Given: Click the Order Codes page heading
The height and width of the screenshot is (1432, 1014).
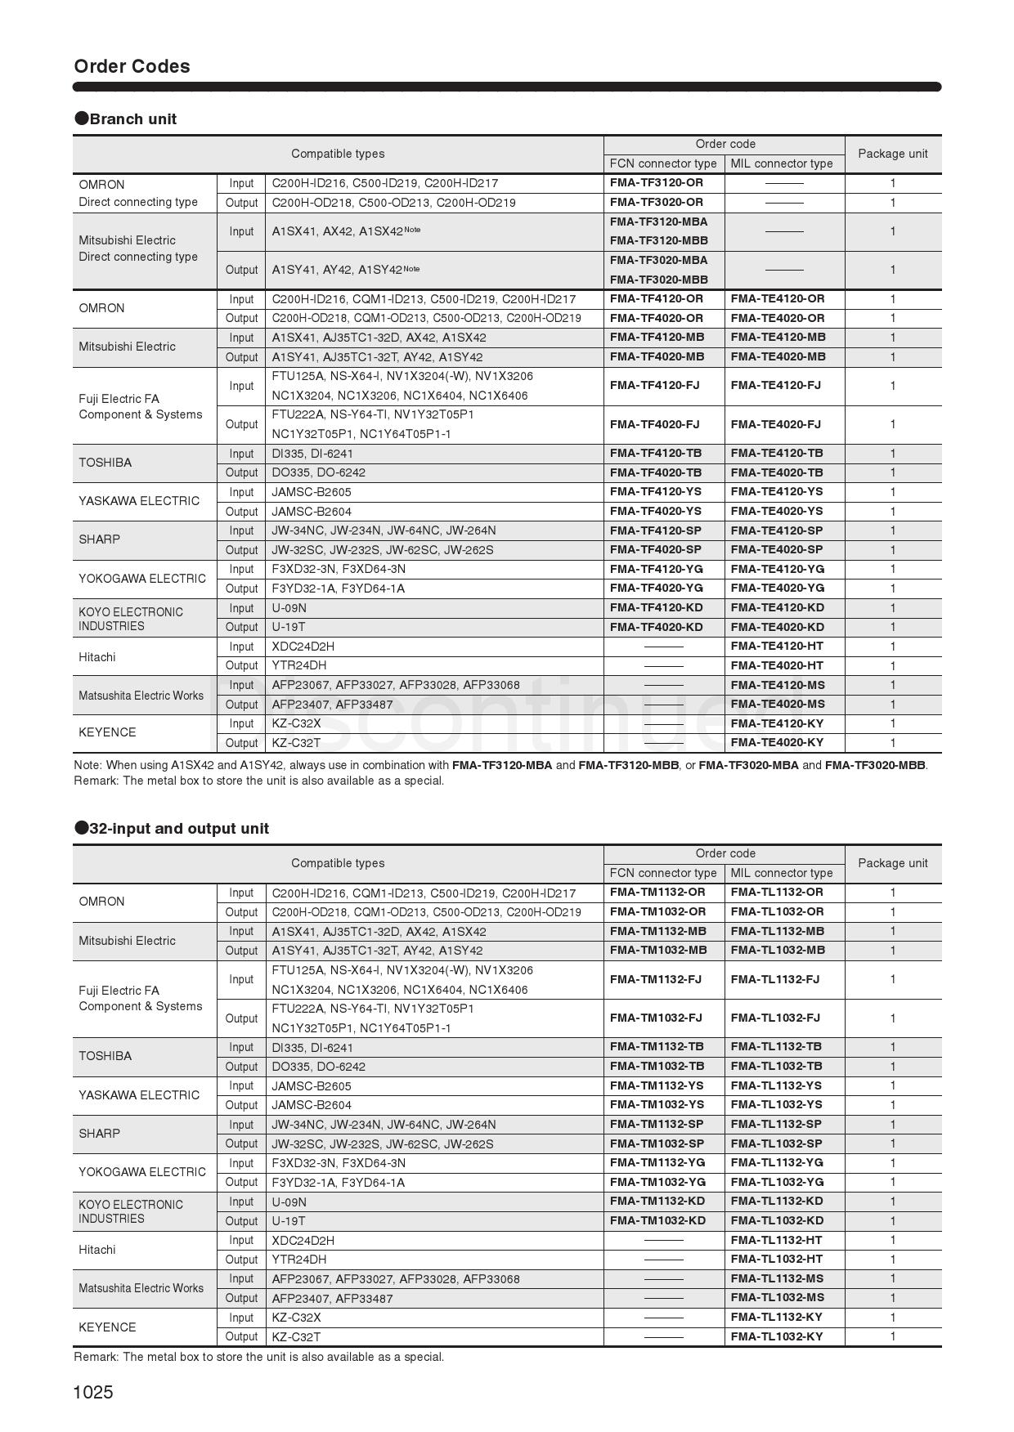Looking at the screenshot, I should click(132, 66).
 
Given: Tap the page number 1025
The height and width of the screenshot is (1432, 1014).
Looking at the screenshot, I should click(93, 1392).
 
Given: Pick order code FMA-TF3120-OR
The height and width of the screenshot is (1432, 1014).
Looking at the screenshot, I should click(656, 182).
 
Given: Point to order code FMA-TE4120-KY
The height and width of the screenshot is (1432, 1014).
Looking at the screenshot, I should click(777, 723).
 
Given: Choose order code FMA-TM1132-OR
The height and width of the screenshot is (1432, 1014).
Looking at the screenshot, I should click(657, 892).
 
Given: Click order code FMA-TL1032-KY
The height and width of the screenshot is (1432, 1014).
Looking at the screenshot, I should click(777, 1336).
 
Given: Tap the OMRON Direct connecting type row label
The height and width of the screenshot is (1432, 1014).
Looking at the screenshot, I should click(138, 193).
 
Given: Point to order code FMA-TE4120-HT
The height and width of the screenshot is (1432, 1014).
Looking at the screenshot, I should click(777, 647).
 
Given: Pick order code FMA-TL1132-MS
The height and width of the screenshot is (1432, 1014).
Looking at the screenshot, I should click(777, 1278).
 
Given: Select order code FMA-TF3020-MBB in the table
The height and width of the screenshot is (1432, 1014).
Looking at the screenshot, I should click(659, 280).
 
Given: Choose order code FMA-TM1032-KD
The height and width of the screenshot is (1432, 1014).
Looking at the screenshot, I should click(657, 1220).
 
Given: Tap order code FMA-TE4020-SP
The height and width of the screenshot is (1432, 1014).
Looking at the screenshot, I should click(777, 549).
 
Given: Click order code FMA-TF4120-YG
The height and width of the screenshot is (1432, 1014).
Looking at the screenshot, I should click(656, 569).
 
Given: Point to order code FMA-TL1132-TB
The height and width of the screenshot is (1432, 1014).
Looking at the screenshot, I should click(776, 1046).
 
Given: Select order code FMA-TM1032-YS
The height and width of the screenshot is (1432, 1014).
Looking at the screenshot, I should click(657, 1104).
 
